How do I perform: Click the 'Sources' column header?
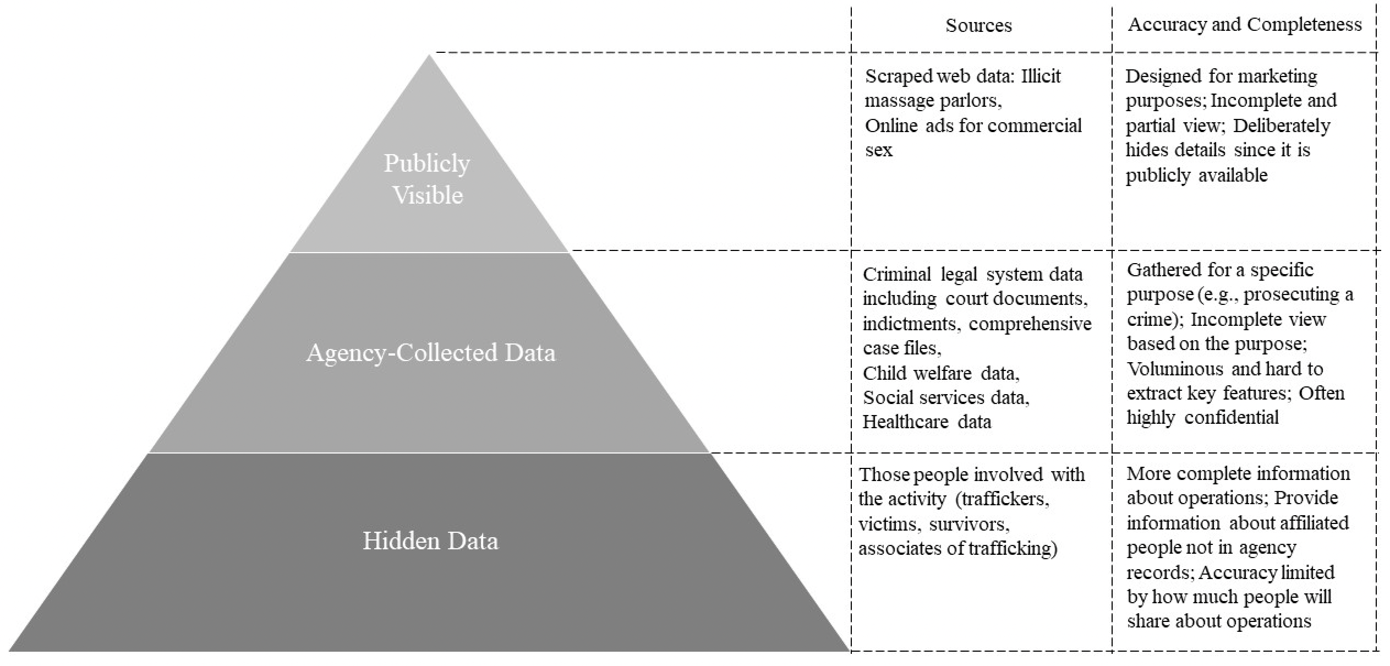point(978,25)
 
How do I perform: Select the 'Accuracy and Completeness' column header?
point(1245,25)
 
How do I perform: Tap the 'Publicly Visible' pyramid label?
point(428,179)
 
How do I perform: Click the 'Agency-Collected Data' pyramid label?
point(431,352)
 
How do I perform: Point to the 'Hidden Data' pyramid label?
point(430,541)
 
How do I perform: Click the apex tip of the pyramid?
point(429,54)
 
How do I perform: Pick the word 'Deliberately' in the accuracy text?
point(1282,126)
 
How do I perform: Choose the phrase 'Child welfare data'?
point(941,373)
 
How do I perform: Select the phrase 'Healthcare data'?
point(927,422)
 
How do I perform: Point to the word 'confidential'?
point(1232,418)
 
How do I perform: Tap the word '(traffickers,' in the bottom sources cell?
point(1003,499)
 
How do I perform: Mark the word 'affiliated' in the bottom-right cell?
point(1315,523)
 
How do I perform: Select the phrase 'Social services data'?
point(946,397)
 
